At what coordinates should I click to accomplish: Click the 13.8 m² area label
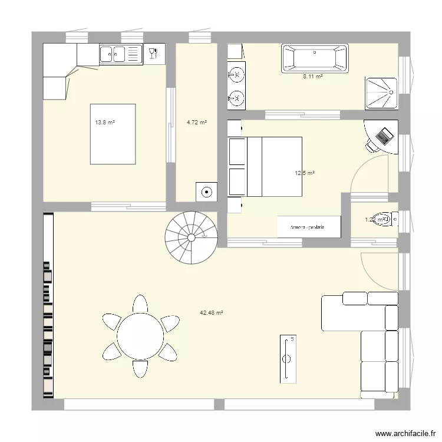click(105, 123)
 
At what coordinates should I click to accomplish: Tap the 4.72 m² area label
click(197, 123)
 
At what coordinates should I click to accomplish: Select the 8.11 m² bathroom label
click(312, 77)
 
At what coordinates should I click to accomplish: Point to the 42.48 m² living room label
click(211, 313)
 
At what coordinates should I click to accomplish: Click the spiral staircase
click(190, 237)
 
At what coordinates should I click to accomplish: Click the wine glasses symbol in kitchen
click(154, 54)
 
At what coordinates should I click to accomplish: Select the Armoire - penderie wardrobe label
click(309, 227)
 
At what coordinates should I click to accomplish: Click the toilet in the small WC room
click(383, 220)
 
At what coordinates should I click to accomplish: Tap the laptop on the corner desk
click(384, 136)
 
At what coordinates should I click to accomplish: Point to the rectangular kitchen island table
click(113, 134)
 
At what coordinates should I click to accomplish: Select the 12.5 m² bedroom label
click(305, 173)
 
